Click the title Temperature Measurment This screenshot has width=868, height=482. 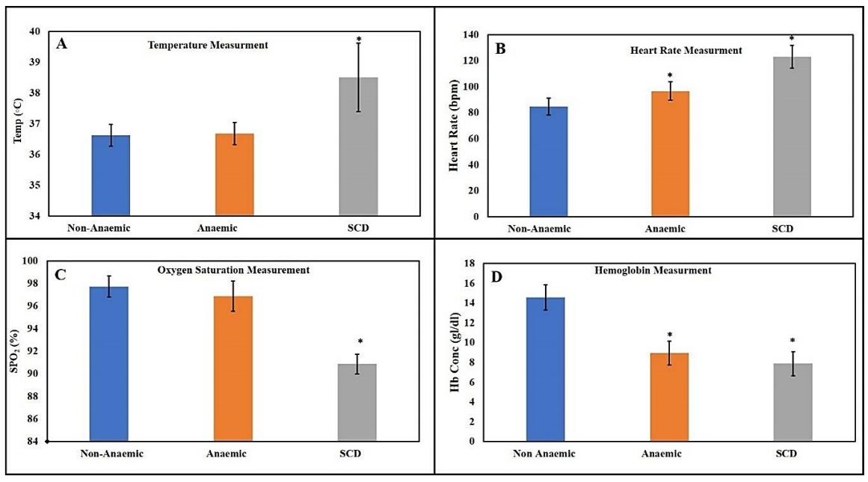(x=207, y=45)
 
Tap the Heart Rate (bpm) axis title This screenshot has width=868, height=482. (x=454, y=125)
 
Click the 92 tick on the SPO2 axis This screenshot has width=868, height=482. (x=35, y=351)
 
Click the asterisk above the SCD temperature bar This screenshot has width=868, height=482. (x=359, y=39)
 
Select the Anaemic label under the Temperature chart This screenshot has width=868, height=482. (x=234, y=228)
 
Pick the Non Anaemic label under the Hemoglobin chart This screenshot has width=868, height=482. (x=544, y=454)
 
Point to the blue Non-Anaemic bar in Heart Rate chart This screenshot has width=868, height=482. (x=548, y=161)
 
